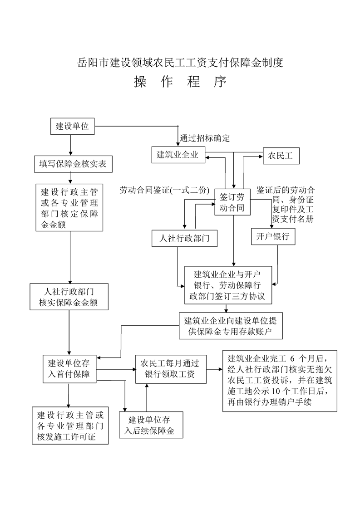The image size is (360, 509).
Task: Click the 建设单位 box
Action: pos(72,127)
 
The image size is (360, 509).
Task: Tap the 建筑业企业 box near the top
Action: pos(178,154)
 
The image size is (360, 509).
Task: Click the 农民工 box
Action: pos(280,156)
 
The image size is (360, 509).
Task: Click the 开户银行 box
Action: pos(273,236)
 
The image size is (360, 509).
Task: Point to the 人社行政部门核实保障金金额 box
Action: pos(69,297)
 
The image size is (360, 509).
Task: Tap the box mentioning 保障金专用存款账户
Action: pos(231,326)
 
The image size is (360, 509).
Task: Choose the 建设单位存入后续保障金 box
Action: pos(151,425)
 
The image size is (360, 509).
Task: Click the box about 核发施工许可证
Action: pos(70,425)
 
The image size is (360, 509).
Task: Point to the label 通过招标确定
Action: pos(204,138)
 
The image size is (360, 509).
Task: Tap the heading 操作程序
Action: pos(180,82)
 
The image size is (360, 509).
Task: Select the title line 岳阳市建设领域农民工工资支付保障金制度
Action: pos(180,63)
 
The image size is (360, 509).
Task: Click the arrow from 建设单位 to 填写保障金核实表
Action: pos(70,146)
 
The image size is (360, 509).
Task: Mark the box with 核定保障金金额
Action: pos(69,207)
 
